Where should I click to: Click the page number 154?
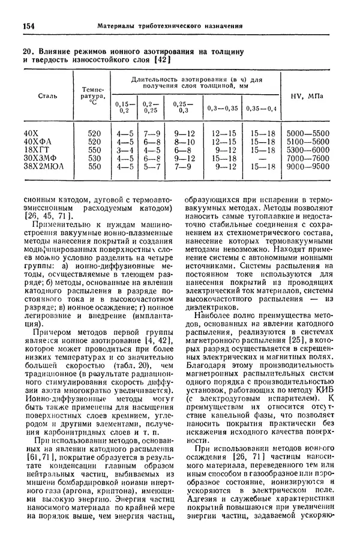[x=29, y=26]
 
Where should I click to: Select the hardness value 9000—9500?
[x=308, y=167]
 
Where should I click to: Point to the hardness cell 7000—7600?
[x=308, y=158]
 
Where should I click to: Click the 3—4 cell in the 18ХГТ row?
[x=125, y=150]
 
